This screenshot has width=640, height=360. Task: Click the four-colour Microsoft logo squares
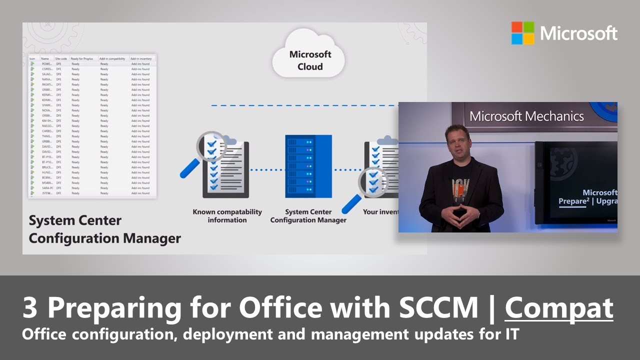523,33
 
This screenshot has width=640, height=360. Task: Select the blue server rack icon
308,166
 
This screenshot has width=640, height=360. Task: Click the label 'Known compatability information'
227,216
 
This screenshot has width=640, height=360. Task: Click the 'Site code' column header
61,58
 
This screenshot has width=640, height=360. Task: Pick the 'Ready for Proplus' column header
82,58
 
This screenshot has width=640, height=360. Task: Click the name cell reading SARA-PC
47,188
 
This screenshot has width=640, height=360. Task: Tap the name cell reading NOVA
47,110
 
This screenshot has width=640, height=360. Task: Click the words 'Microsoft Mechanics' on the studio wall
526,116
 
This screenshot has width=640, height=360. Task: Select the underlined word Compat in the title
559,307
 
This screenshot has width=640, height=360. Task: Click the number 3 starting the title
30,308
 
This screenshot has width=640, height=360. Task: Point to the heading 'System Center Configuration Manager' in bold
104,229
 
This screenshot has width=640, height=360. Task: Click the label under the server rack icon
308,216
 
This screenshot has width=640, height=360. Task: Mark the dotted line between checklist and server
267,170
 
